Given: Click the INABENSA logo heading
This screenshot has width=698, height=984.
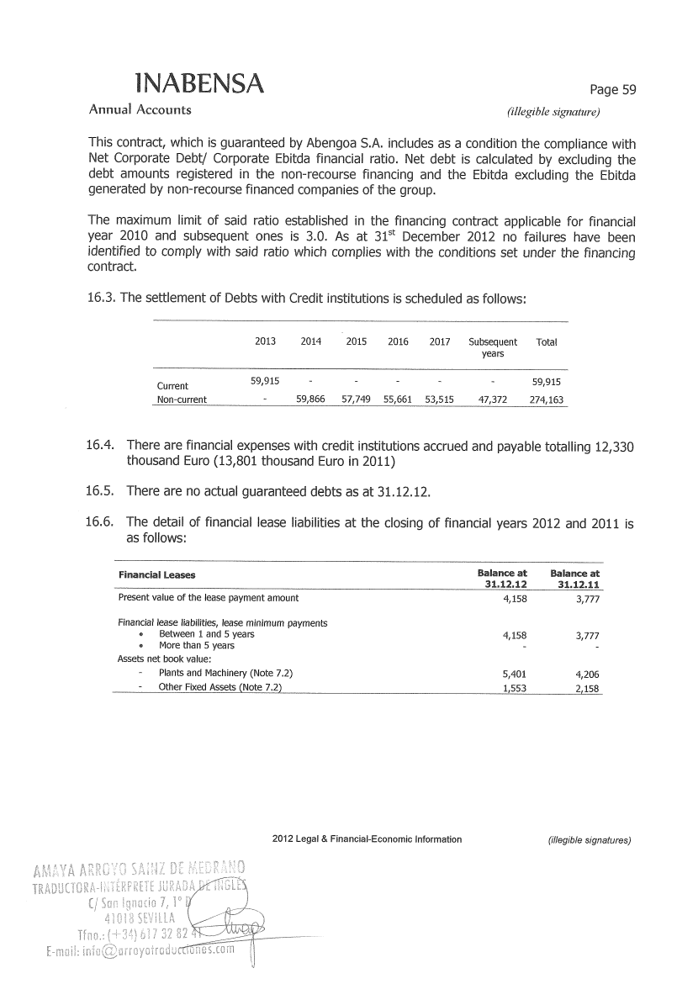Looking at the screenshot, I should pyautogui.click(x=198, y=83).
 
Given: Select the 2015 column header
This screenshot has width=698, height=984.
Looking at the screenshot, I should pyautogui.click(x=357, y=342).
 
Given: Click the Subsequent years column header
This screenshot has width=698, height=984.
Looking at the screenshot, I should pyautogui.click(x=493, y=347).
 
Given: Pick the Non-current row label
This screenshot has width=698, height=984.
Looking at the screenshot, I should pyautogui.click(x=182, y=399).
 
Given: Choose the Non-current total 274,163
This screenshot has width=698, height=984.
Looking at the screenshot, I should pyautogui.click(x=547, y=399).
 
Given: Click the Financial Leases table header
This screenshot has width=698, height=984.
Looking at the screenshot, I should pyautogui.click(x=156, y=575).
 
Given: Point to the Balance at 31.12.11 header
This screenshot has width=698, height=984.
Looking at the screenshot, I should pyautogui.click(x=576, y=579).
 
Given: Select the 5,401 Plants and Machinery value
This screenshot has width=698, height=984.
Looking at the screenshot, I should pyautogui.click(x=513, y=675).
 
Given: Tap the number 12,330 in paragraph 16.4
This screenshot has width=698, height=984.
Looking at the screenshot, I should pyautogui.click(x=613, y=447).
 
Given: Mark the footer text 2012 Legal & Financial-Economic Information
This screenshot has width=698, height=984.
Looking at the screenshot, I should pyautogui.click(x=368, y=839).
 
